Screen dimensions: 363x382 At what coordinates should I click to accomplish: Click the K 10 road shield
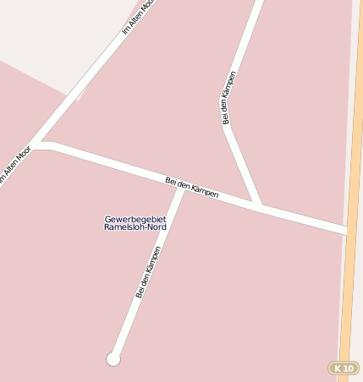(x=344, y=368)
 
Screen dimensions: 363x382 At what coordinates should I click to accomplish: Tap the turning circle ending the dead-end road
(x=113, y=359)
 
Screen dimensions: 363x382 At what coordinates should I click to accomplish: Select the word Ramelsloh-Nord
(x=135, y=228)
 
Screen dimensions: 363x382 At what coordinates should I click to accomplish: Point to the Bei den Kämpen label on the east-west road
(x=192, y=188)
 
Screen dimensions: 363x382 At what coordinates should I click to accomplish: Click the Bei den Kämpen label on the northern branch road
(x=229, y=97)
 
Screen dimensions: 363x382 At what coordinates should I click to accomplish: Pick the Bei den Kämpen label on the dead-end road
(x=148, y=271)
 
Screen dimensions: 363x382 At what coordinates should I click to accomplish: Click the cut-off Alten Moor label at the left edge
(x=14, y=165)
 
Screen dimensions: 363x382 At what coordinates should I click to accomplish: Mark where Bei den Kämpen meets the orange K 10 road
(x=347, y=230)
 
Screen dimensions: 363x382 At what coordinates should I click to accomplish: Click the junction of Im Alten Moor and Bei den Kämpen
(x=38, y=145)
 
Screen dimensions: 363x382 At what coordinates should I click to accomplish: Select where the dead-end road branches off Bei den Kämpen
(x=180, y=187)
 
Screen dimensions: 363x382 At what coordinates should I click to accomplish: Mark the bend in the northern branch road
(x=227, y=127)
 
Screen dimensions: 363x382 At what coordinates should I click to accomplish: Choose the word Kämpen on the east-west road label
(x=205, y=191)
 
